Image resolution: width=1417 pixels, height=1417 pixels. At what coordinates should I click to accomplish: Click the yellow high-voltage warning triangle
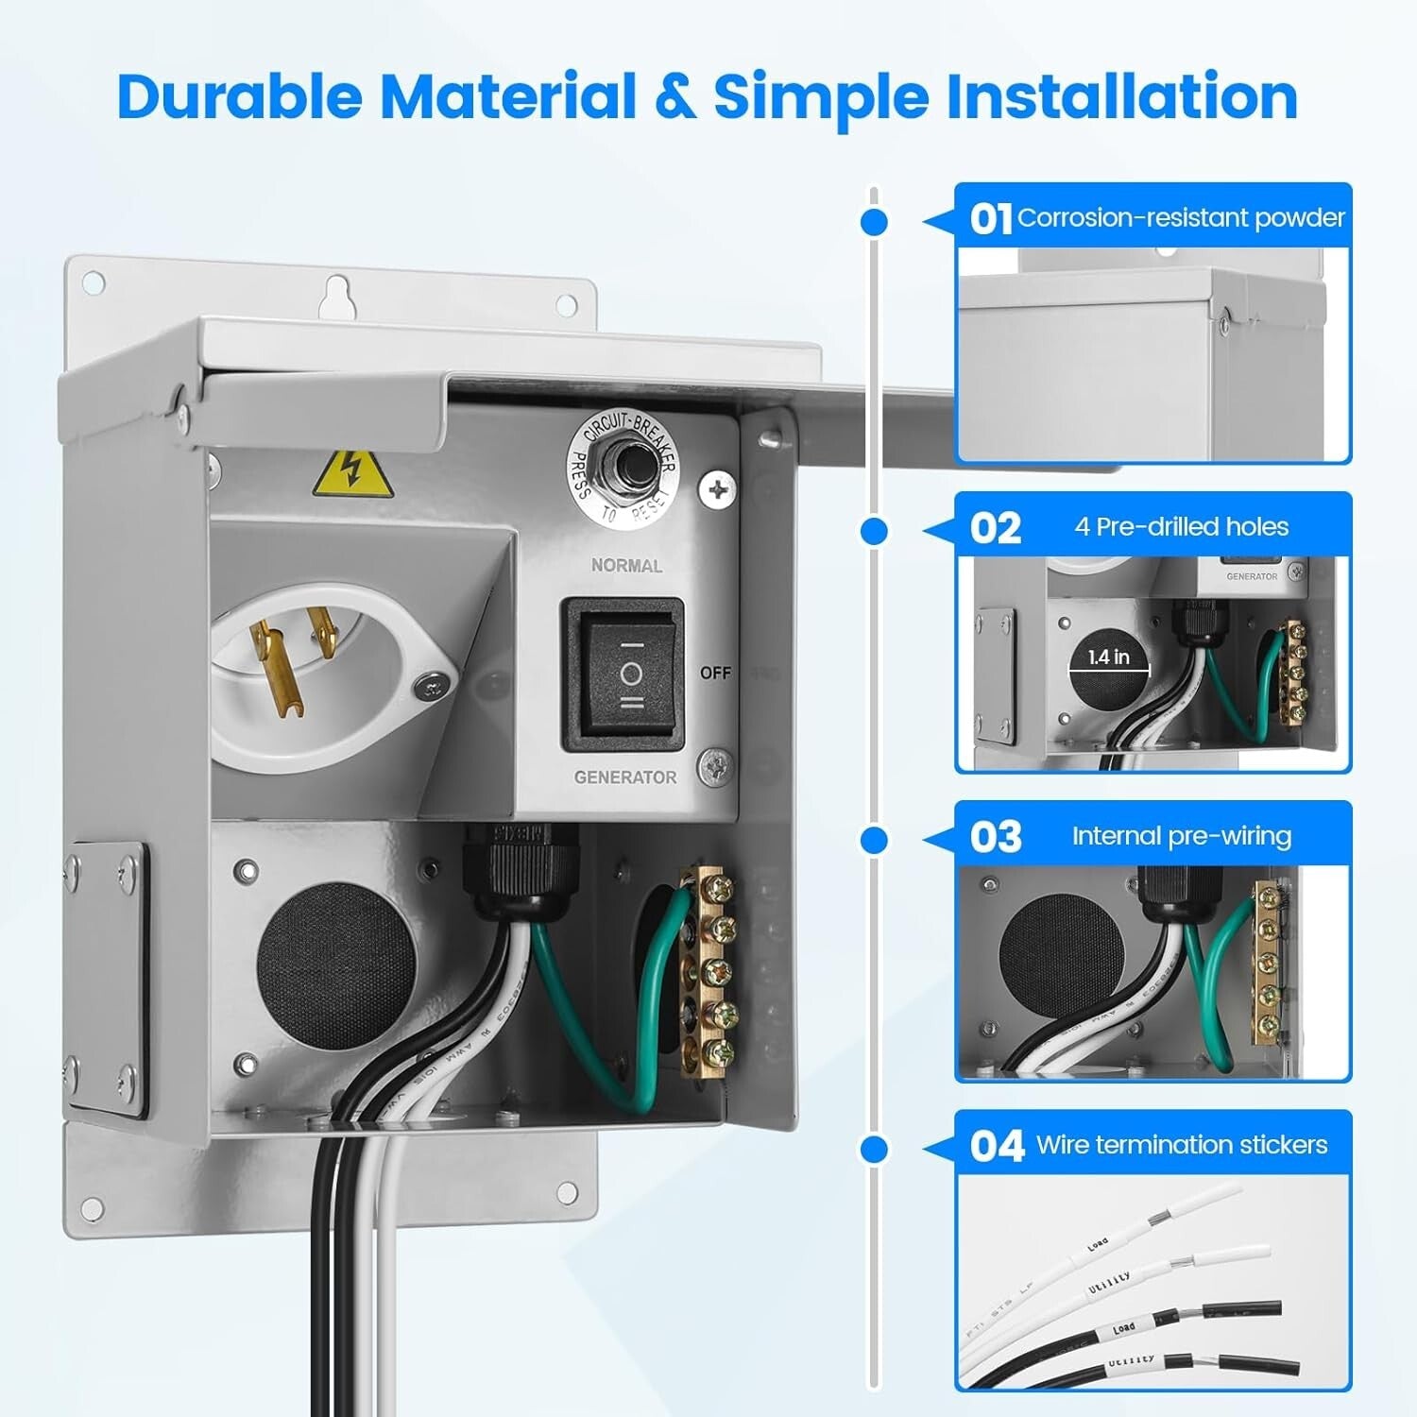coord(351,474)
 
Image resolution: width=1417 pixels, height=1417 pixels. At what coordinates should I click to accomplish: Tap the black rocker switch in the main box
coord(623,674)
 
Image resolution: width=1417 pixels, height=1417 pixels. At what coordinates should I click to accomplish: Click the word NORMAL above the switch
coord(626,566)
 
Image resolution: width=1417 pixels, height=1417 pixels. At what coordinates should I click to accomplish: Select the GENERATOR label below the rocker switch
coord(624,777)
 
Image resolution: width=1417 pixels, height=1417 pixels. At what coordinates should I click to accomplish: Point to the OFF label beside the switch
coord(715,673)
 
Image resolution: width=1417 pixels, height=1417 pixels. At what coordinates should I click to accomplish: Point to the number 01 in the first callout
coord(990,219)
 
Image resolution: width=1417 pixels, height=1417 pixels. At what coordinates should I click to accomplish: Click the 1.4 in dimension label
coord(1108,657)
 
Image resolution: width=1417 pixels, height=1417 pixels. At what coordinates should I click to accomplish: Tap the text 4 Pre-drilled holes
coord(1181,526)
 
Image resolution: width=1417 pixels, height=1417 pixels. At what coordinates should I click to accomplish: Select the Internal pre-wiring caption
coord(1181,836)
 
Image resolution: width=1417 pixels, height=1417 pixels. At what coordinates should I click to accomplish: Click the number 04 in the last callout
coord(997,1146)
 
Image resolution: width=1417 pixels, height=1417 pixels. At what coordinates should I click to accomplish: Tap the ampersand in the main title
coord(674,97)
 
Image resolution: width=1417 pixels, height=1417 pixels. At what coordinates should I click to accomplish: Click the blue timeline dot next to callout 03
coord(875,840)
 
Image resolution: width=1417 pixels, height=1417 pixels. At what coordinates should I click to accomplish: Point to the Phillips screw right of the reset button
coord(718,490)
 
